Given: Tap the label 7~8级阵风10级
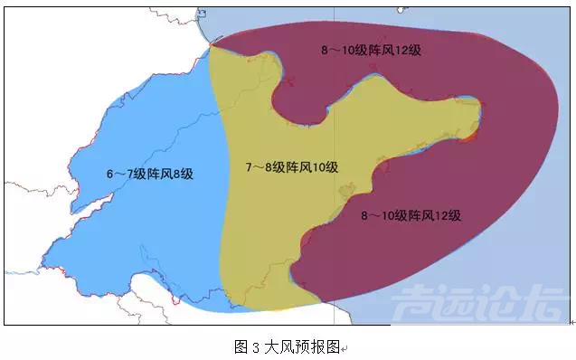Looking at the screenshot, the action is tap(291, 167).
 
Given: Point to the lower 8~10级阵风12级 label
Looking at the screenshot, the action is tap(411, 215).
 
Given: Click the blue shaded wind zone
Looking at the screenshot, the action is tap(136, 226).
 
